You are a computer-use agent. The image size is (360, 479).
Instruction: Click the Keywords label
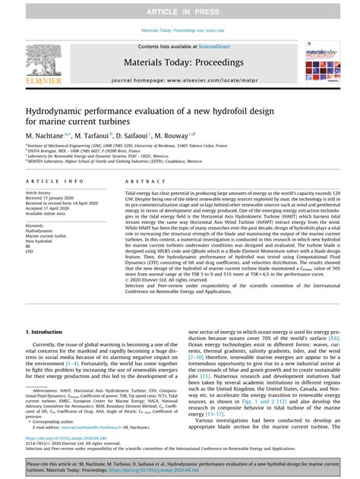pos(36,225)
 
